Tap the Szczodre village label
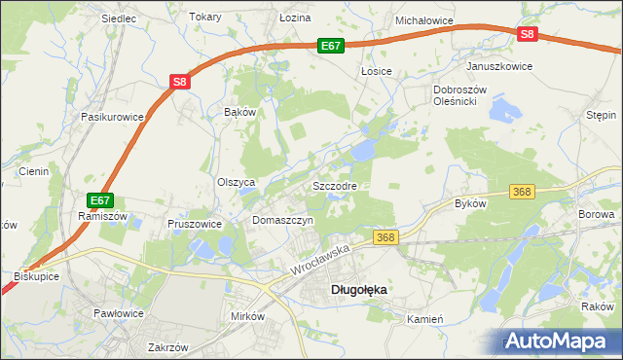(335, 185)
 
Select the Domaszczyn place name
(282, 221)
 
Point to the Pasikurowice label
(113, 117)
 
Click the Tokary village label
(205, 18)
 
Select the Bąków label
(239, 112)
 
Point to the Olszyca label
(236, 182)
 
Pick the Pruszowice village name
(195, 223)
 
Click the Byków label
(470, 204)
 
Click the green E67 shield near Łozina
(331, 45)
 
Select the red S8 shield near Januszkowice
(527, 34)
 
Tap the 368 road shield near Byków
(523, 192)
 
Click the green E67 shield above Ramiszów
(97, 200)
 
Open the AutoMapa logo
(561, 341)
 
